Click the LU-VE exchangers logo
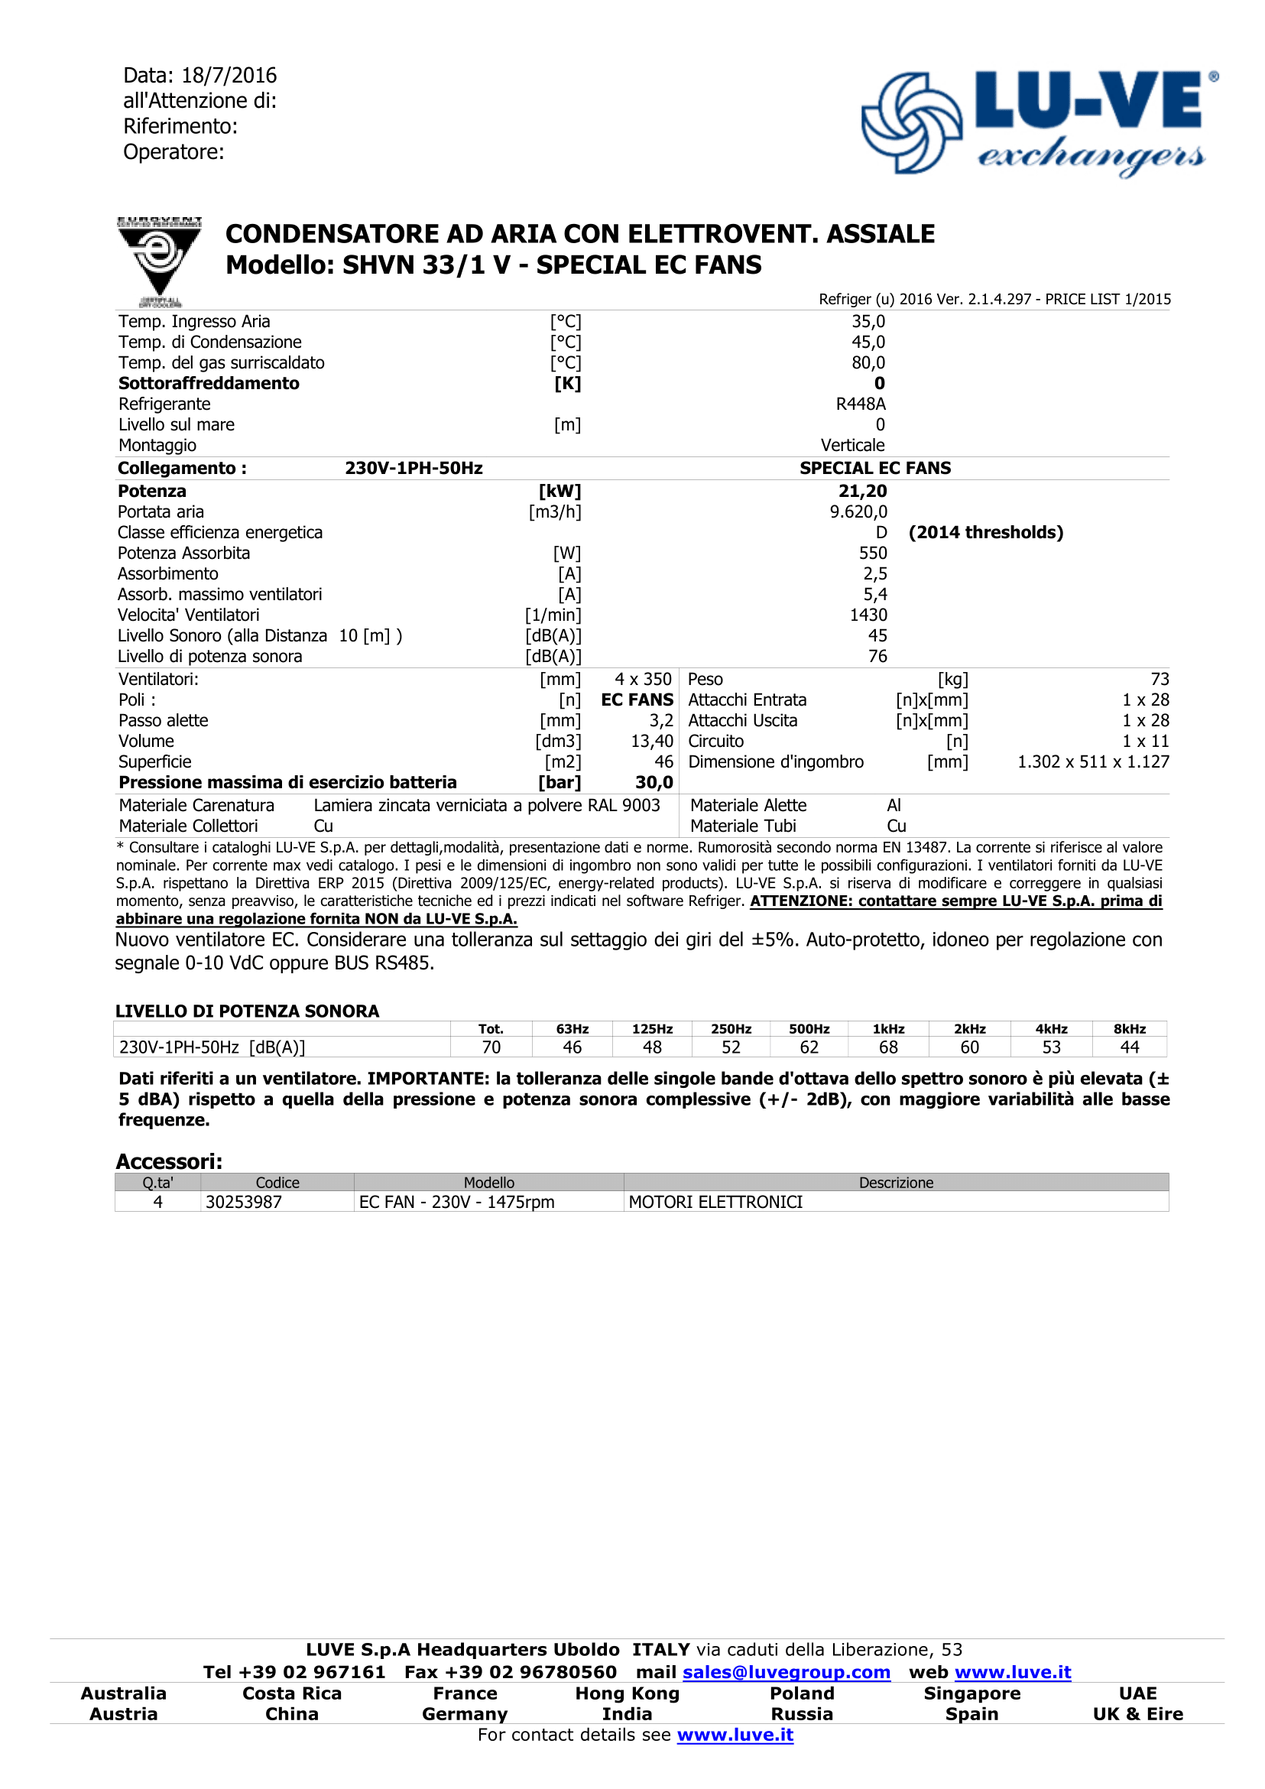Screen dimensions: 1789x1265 click(x=1039, y=123)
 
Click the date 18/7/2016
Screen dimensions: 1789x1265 click(x=229, y=76)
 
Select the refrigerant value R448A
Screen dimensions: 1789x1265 click(x=860, y=404)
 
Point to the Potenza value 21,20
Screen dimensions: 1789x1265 click(x=862, y=491)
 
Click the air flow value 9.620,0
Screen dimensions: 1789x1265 click(x=858, y=512)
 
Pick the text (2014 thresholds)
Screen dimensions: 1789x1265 click(x=985, y=532)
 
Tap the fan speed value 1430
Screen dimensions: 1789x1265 click(x=868, y=615)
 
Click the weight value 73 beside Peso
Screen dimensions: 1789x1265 click(x=1159, y=680)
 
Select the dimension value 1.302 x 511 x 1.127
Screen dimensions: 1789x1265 click(x=1093, y=762)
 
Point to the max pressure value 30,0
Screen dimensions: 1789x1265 click(x=654, y=782)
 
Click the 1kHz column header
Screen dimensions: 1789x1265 click(x=888, y=1029)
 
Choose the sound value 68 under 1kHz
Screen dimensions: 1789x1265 click(x=888, y=1048)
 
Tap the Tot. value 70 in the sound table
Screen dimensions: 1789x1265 click(x=491, y=1048)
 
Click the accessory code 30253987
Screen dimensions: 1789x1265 click(x=243, y=1203)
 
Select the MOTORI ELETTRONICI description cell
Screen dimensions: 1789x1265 click(x=715, y=1203)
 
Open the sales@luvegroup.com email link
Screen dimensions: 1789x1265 click(x=786, y=1672)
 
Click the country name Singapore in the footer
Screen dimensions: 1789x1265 click(x=971, y=1693)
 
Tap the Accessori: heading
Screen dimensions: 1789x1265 click(x=169, y=1162)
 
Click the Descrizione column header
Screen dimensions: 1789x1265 click(x=896, y=1183)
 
